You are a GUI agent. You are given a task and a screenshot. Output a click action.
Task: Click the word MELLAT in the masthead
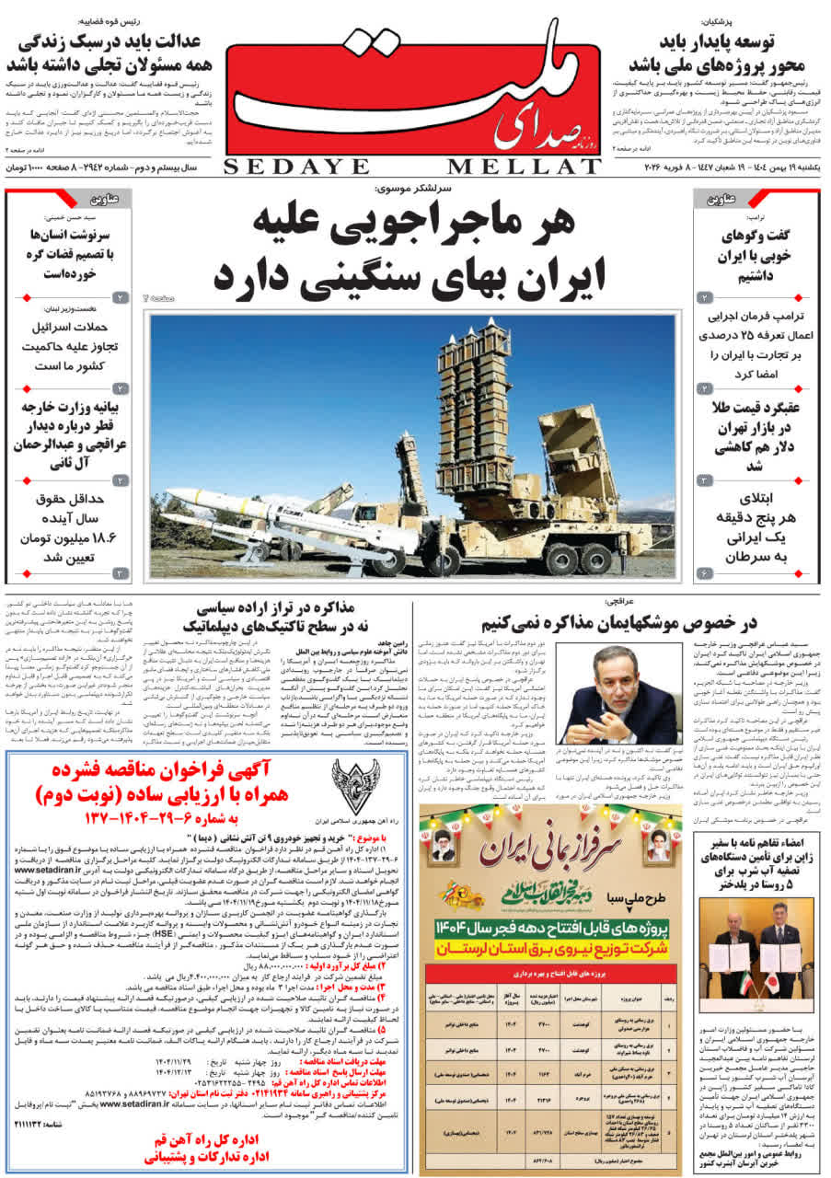pos(525,166)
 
